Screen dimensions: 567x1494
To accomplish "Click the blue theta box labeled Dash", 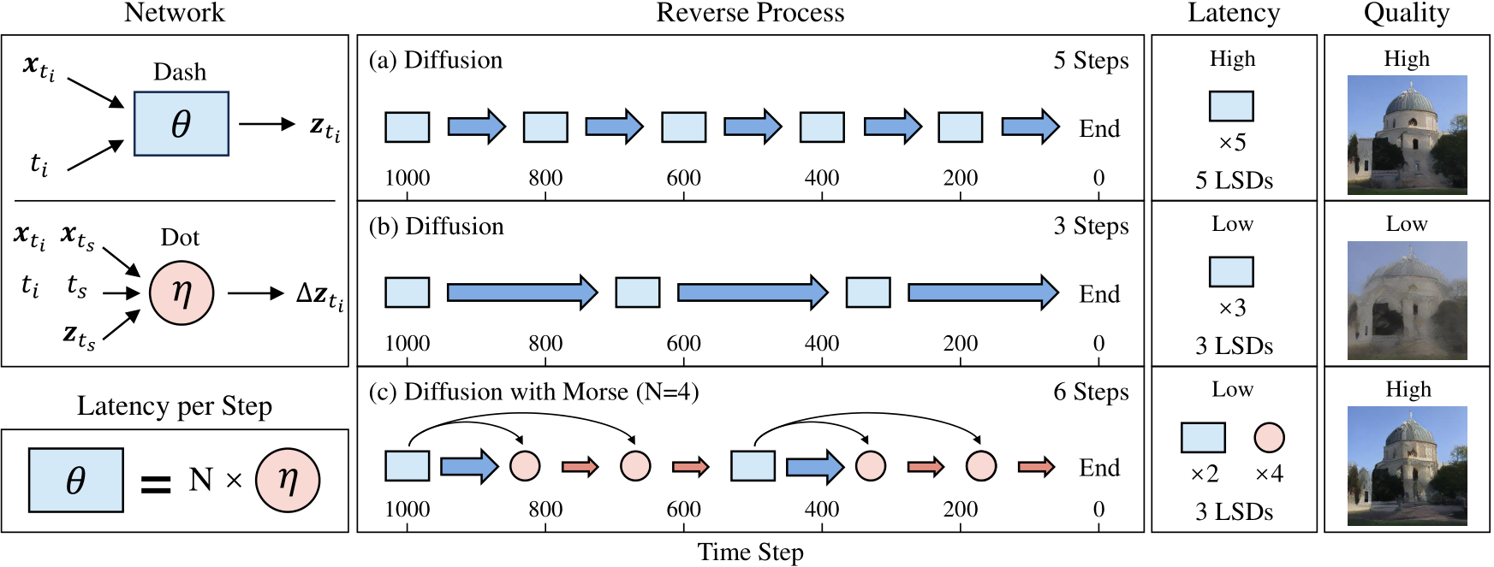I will tap(181, 124).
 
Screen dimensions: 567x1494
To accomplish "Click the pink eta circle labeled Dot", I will tap(182, 292).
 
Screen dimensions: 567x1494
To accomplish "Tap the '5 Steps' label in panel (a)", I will tap(1091, 61).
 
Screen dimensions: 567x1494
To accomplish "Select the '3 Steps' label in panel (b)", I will tap(1091, 227).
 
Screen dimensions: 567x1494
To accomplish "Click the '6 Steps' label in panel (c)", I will tap(1091, 393).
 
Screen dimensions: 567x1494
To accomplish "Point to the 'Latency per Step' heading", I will tap(175, 405).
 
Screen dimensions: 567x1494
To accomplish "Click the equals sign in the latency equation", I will tap(156, 485).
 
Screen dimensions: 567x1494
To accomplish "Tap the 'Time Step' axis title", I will tap(750, 552).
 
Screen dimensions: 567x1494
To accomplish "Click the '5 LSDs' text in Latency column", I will tap(1234, 180).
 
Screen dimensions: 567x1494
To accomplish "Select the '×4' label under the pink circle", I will tap(1269, 474).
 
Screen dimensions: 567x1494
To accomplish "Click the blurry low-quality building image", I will tap(1407, 300).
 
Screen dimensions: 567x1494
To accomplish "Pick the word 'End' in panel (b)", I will tap(1099, 294).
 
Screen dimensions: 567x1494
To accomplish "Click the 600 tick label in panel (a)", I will tap(683, 178).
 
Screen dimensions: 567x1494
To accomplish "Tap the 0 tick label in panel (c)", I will tap(1098, 510).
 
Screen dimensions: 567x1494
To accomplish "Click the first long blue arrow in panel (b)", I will tap(521, 292).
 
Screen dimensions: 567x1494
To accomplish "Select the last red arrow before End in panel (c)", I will tap(1036, 467).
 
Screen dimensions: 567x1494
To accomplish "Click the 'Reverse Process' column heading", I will tap(750, 13).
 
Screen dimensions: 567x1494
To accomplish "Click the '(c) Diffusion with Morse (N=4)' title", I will tap(533, 393).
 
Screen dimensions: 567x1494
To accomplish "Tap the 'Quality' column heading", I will tap(1406, 13).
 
